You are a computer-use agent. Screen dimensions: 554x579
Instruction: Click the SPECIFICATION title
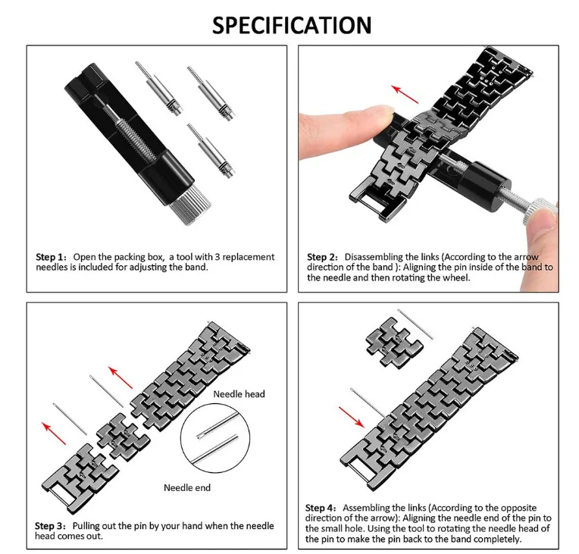[292, 24]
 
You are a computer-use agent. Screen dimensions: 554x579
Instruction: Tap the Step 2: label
[322, 258]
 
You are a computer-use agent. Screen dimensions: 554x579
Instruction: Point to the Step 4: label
[322, 507]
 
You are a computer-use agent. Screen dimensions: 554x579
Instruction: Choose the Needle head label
[239, 394]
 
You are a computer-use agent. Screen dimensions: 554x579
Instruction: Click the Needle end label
[187, 488]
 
